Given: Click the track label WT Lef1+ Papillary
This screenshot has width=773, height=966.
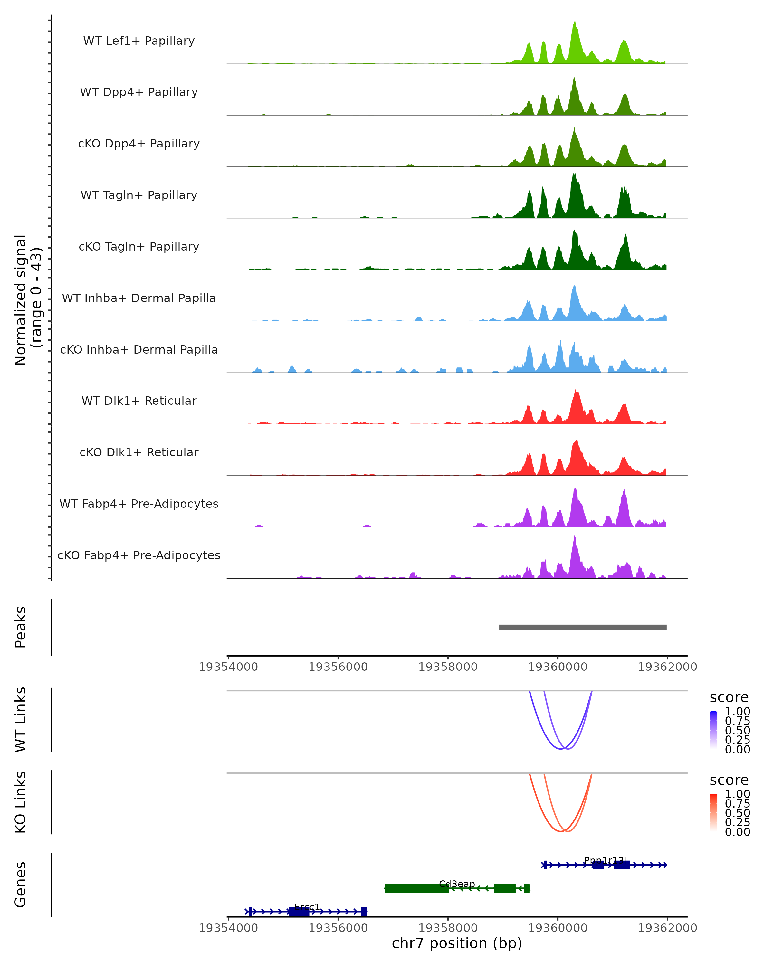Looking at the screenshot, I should tap(139, 41).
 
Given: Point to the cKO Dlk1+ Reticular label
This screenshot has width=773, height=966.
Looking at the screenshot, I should tap(139, 452).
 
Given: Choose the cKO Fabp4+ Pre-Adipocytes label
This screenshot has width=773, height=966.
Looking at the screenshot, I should tap(139, 555).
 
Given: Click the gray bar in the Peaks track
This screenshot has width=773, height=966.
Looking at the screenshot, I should tap(583, 627).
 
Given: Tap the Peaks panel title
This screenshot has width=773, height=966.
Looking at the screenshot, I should tap(21, 627).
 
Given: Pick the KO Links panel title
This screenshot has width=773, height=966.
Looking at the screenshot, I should tap(21, 802).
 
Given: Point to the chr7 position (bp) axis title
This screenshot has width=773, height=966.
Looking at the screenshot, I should tap(457, 943).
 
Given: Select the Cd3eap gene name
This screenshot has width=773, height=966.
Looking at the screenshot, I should tap(457, 884).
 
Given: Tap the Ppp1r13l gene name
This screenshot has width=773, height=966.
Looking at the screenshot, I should tap(605, 860).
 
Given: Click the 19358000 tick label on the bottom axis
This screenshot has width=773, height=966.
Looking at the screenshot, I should tap(448, 928).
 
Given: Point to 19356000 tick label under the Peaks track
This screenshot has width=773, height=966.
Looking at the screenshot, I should tap(338, 667).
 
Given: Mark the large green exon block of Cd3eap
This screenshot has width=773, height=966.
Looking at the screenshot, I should tap(416, 888).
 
